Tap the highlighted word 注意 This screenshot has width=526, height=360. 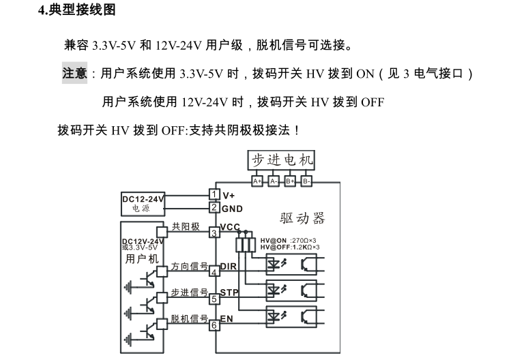74,74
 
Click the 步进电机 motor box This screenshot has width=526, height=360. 282,160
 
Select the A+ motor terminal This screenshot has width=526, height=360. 257,181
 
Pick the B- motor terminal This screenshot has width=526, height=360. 306,181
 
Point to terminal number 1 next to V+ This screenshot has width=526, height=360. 214,195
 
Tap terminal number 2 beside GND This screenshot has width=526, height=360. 214,207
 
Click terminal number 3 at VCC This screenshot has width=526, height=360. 214,233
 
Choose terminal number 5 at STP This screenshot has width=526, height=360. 214,299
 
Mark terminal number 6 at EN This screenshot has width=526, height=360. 214,325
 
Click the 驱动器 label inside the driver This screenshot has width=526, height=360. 302,218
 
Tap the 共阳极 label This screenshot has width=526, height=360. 185,227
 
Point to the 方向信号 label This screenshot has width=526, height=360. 189,267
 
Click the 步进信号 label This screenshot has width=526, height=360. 189,292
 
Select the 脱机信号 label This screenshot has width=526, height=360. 189,318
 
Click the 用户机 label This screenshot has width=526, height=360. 141,259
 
